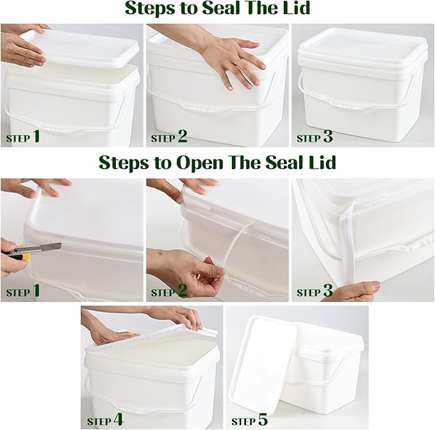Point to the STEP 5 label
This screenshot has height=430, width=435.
(x=250, y=420)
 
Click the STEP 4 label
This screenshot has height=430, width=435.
(x=105, y=420)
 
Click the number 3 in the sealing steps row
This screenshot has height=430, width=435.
(x=327, y=136)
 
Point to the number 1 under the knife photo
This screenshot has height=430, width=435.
(x=37, y=291)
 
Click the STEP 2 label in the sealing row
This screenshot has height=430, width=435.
(x=169, y=136)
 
